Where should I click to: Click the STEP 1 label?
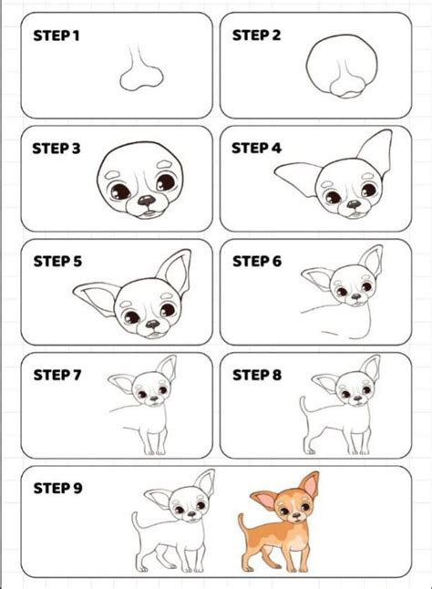pos(57,36)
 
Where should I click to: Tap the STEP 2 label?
pos(257,36)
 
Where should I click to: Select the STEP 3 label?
pos(57,148)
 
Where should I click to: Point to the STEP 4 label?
pos(257,148)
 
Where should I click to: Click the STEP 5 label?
pos(57,261)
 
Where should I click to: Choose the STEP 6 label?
pos(257,261)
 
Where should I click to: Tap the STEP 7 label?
pos(57,374)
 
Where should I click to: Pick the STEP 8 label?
pos(257,374)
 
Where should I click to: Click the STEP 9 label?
pos(57,488)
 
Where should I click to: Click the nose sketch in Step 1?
pos(138,72)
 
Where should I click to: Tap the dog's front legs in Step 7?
pos(153,438)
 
